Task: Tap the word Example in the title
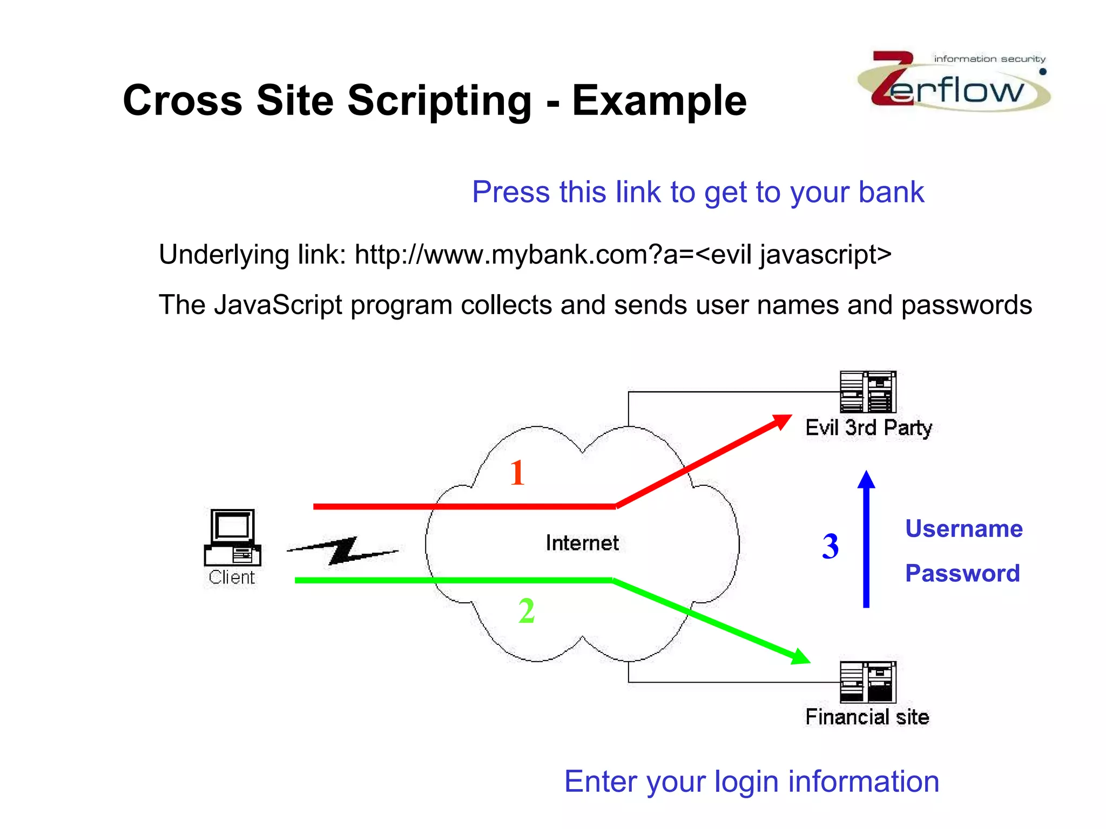pos(659,101)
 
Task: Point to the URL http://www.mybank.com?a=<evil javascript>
pos(623,254)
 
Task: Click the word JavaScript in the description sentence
pos(278,305)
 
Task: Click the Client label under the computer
pos(232,577)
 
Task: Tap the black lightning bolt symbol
pos(342,551)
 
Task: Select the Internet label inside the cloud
pos(582,543)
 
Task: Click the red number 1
pos(517,473)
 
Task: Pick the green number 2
pos(527,611)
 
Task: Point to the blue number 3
pos(831,546)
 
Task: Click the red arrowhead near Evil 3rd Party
pos(781,421)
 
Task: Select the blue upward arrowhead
pos(866,480)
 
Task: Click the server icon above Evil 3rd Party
pos(868,392)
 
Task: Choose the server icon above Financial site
pos(868,682)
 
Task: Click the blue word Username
pos(964,529)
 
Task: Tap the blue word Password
pos(962,573)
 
